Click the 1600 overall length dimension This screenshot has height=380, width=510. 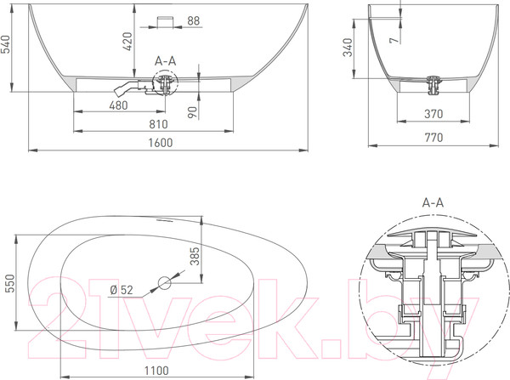[x=161, y=143]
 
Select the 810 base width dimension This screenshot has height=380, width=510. [x=158, y=124]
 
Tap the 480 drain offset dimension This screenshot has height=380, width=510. [x=118, y=105]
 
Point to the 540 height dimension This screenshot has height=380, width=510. [x=7, y=44]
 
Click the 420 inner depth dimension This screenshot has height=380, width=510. [x=127, y=42]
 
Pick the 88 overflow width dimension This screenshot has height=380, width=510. [x=194, y=20]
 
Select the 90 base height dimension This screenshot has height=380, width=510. [x=193, y=112]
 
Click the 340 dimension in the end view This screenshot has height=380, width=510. [x=348, y=47]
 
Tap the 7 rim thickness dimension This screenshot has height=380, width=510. [x=394, y=40]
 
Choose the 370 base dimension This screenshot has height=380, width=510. [x=433, y=114]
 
